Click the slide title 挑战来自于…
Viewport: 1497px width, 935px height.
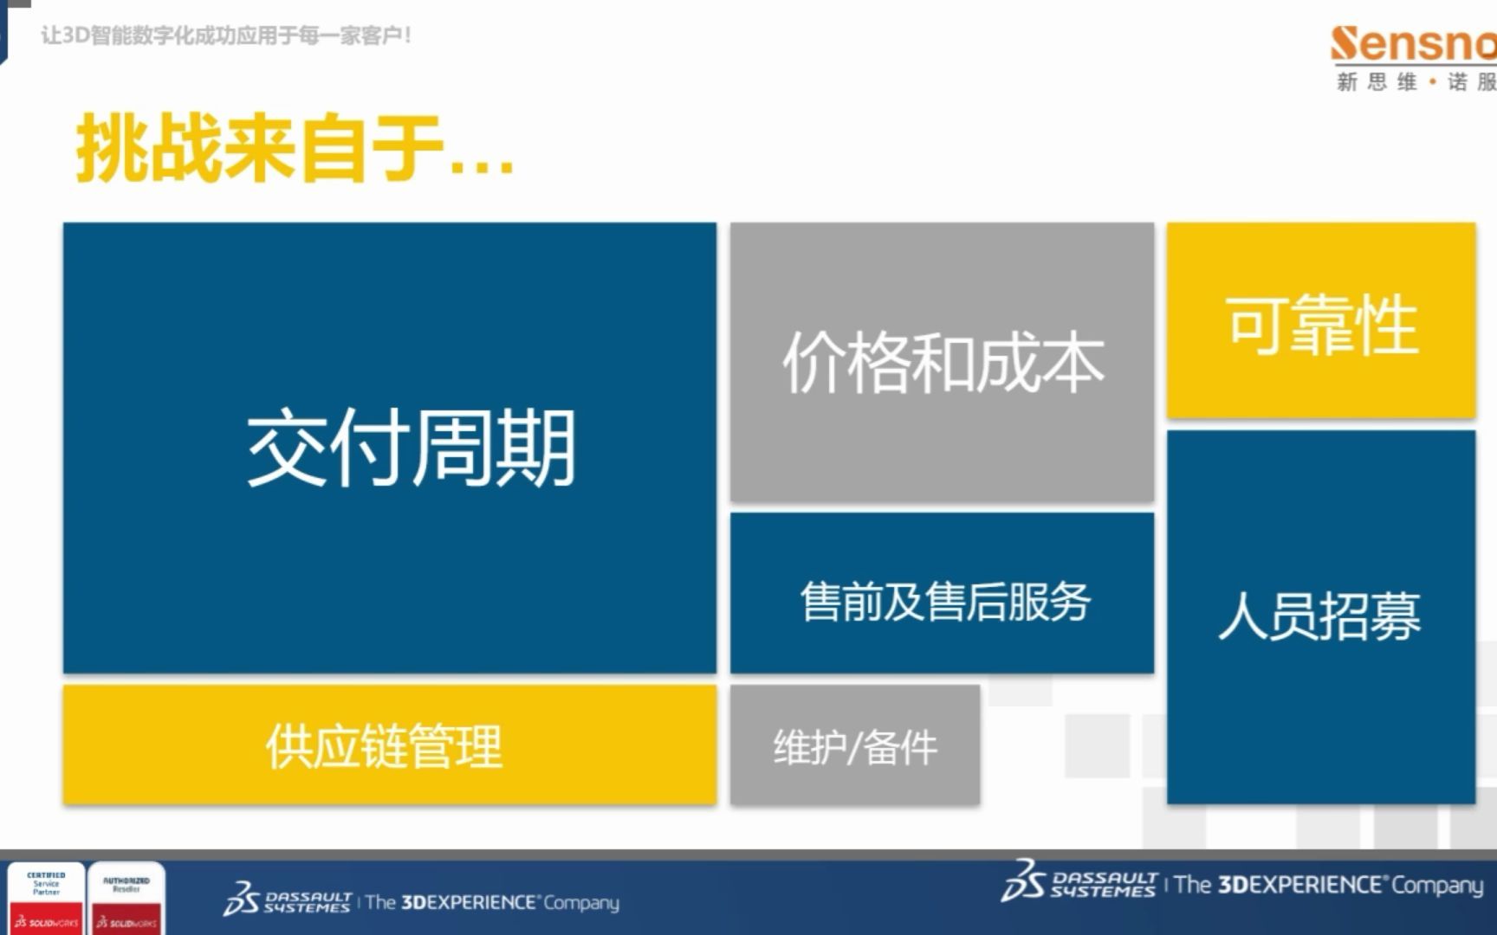pos(295,149)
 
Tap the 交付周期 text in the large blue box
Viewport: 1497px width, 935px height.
pos(411,448)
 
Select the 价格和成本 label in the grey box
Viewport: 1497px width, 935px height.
pos(943,362)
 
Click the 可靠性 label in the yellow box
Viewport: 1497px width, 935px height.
pos(1322,325)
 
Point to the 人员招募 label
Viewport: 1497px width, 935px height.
pos(1319,616)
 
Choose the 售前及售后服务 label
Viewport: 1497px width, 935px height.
pos(944,602)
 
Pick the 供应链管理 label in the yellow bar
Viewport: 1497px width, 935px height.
pos(384,746)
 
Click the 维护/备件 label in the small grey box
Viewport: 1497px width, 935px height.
pos(855,747)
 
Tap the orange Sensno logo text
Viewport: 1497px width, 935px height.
pos(1412,45)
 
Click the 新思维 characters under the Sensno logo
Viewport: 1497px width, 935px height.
pos(1377,82)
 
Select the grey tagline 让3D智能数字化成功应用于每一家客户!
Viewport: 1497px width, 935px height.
pos(226,35)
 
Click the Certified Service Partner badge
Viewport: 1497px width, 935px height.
pos(46,898)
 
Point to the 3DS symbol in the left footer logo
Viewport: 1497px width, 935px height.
pos(241,900)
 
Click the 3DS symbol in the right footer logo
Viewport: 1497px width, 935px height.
pos(1021,880)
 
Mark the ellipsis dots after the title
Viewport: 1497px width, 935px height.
pos(482,169)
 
